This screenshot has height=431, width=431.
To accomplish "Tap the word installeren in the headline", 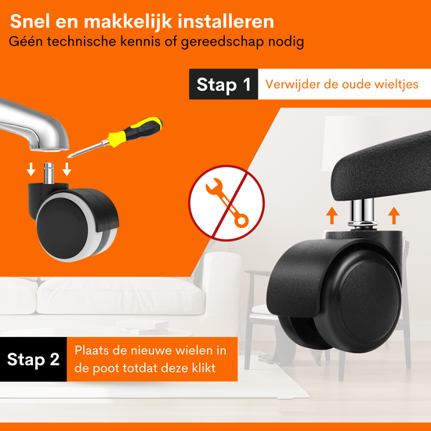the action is coord(226,21).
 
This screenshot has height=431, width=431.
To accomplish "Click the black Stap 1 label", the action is coord(223,84).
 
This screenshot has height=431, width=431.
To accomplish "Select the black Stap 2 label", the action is coord(33,359).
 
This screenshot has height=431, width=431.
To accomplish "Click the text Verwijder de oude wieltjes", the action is coord(342,84).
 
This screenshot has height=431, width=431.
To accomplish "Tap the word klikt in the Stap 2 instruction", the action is coord(204,368).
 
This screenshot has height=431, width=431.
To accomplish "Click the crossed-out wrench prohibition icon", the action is coord(226,203).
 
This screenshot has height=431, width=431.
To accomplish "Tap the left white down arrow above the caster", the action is coord(31,169).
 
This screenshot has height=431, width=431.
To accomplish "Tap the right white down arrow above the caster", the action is coord(67,169).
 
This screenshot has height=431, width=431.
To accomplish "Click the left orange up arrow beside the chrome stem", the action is coord(331,215).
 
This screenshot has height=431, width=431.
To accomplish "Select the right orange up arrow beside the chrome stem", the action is coord(394,215).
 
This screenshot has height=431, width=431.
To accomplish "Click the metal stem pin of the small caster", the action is coord(49,173).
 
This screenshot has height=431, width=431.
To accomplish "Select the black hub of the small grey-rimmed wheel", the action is coord(63,228).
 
